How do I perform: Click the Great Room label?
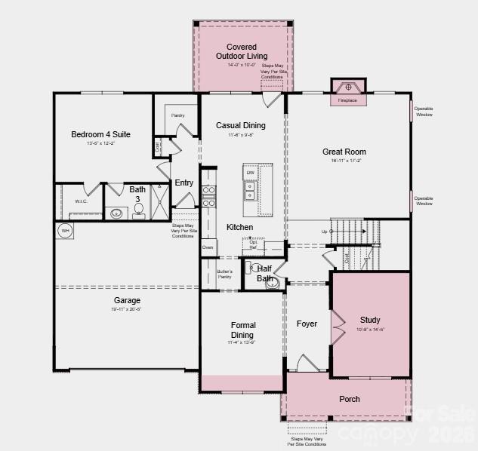344,152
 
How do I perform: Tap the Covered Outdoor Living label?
241,51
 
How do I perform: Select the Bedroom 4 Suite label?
100,134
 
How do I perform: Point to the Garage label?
127,300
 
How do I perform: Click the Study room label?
370,320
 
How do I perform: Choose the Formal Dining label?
242,330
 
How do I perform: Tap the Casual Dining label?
240,125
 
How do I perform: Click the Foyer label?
307,324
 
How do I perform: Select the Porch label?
350,399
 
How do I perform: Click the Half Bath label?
264,273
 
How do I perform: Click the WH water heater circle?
65,231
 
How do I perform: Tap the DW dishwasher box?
250,173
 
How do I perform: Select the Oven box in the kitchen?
208,247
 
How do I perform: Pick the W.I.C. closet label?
82,201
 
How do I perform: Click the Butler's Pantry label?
224,274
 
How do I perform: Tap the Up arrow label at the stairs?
324,231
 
